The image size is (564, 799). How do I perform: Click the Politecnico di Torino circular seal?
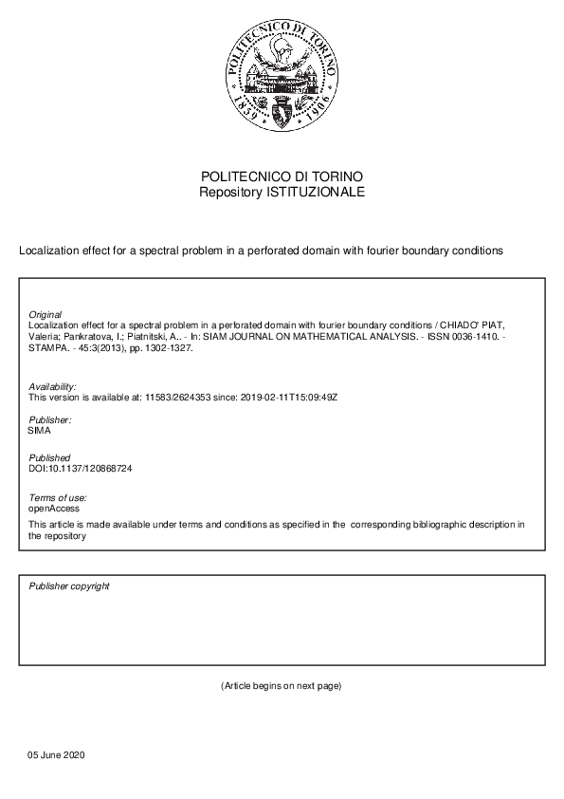point(282,79)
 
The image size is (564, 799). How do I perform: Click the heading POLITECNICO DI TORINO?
point(282,177)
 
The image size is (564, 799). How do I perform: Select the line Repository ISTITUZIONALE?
point(282,193)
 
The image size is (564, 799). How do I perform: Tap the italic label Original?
point(45,314)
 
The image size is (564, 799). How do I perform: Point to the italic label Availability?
point(53,386)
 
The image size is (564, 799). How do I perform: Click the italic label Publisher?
point(50,419)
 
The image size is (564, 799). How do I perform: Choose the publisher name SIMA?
point(41,431)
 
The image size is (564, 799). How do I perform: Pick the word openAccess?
point(53,509)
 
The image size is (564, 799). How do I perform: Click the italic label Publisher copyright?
point(69,586)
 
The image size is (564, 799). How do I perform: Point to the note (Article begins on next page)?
point(281,685)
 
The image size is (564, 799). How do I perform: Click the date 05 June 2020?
point(56,754)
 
